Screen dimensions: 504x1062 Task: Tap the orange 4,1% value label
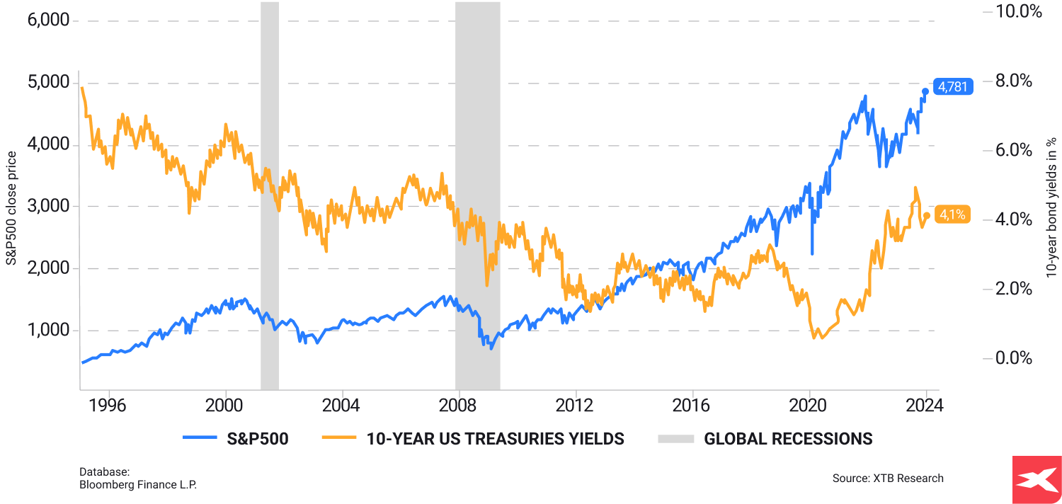pyautogui.click(x=952, y=214)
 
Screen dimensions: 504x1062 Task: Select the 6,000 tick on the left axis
pyautogui.click(x=47, y=20)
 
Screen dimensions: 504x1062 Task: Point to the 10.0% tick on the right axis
pyautogui.click(x=1018, y=11)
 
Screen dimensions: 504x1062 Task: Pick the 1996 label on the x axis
pyautogui.click(x=109, y=406)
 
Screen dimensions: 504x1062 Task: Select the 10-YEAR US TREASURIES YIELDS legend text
pyautogui.click(x=495, y=439)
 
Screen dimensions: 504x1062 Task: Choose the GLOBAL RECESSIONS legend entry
pyautogui.click(x=788, y=439)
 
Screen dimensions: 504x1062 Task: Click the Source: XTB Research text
pyautogui.click(x=888, y=479)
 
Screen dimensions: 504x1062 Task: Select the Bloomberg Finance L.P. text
pyautogui.click(x=138, y=485)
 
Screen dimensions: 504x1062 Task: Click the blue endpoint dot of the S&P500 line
pyautogui.click(x=925, y=91)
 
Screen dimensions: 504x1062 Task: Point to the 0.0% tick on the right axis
pyautogui.click(x=1014, y=358)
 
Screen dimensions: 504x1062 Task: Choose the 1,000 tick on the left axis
pyautogui.click(x=47, y=331)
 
